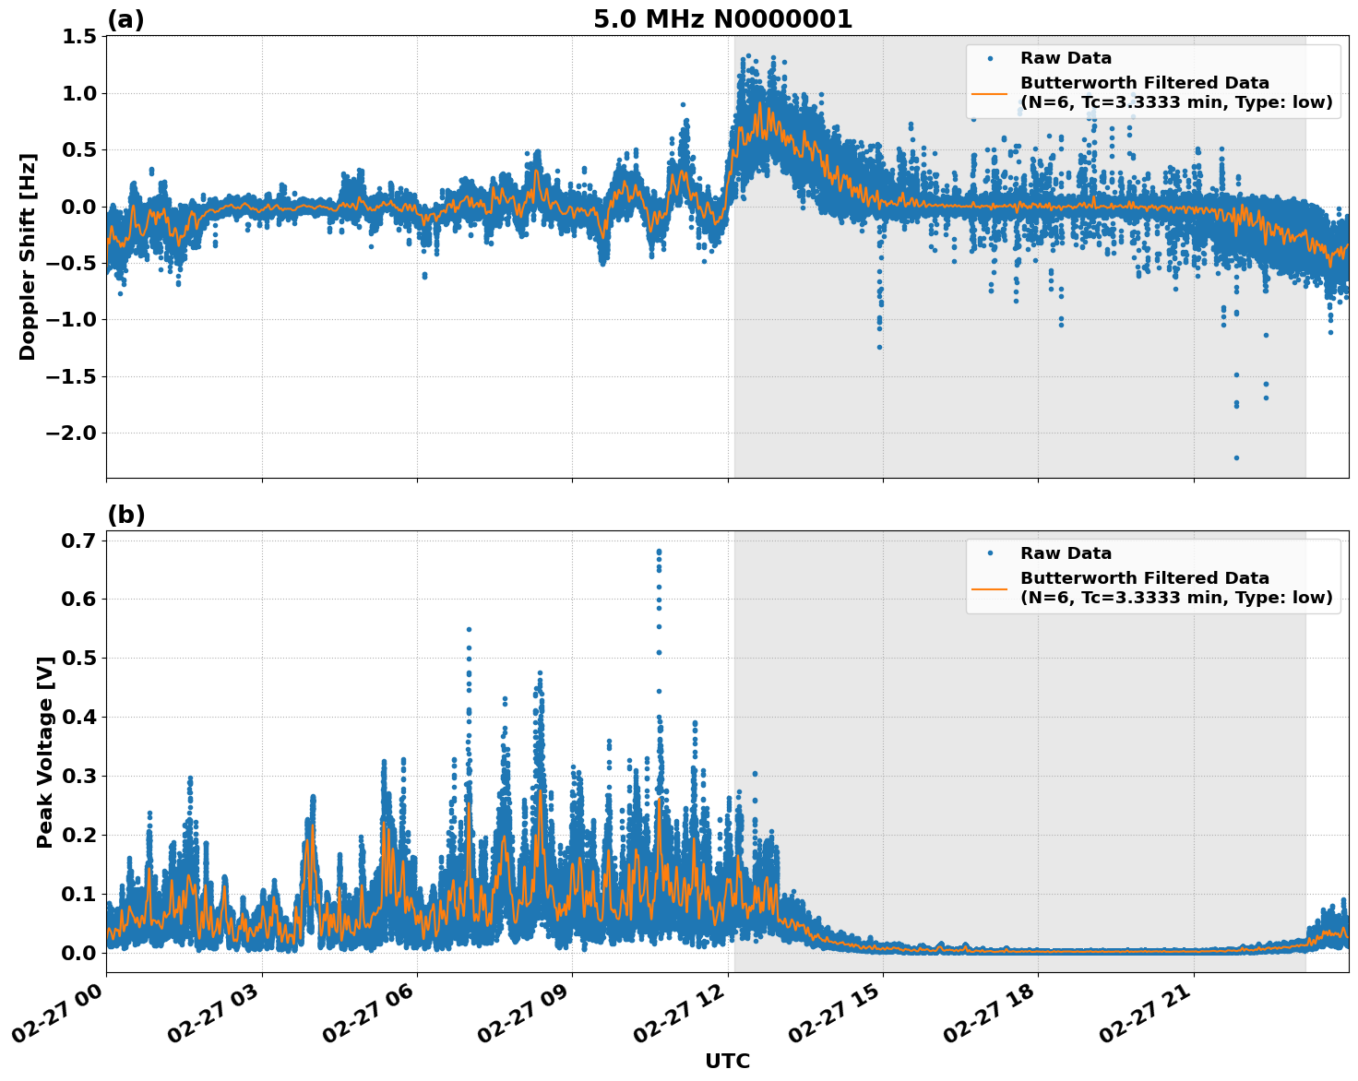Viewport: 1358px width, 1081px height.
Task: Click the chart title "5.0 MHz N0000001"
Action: [x=722, y=19]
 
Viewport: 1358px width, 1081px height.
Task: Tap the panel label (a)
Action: [x=125, y=19]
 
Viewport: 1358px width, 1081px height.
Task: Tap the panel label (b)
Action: [x=125, y=515]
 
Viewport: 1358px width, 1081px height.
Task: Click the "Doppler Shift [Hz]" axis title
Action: [x=28, y=256]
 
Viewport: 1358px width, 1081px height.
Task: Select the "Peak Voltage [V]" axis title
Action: [x=44, y=752]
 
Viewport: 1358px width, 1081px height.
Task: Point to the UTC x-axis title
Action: [x=727, y=1061]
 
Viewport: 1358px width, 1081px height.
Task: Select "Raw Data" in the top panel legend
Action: [x=1066, y=58]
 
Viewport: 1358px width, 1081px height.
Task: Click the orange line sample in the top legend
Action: [x=989, y=93]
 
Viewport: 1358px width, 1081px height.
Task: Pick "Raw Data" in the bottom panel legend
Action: [x=1066, y=553]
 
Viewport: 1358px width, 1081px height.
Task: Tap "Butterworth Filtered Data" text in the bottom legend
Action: [x=1144, y=578]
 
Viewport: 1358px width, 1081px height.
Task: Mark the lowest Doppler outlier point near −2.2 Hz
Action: [x=1236, y=457]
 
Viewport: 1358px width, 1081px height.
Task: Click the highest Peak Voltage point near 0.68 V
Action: [x=659, y=552]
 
